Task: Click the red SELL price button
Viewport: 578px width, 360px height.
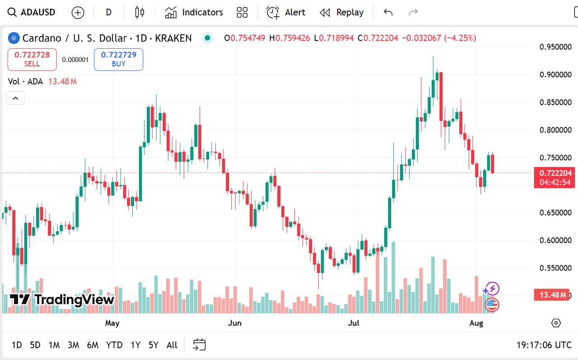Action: (x=32, y=59)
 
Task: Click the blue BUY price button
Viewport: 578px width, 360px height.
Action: (x=118, y=59)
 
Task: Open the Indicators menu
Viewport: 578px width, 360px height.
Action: (x=194, y=12)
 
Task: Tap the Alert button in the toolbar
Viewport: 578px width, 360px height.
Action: (x=286, y=12)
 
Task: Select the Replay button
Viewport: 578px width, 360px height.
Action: (x=341, y=12)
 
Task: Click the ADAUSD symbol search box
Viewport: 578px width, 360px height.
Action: (x=32, y=12)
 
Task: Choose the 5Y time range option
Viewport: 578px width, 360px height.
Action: (x=154, y=345)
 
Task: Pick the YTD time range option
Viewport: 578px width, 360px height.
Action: (x=114, y=345)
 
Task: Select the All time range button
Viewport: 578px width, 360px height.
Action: (x=172, y=345)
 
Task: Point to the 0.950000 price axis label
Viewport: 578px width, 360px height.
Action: (x=556, y=47)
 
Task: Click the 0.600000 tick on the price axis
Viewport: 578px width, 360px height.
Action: (x=556, y=240)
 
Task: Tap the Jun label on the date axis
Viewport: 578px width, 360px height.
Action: (x=235, y=323)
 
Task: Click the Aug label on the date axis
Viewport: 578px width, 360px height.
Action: (x=476, y=323)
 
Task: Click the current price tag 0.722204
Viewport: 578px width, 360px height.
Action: (x=555, y=173)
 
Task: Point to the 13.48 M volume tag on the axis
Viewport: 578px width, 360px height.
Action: (x=550, y=295)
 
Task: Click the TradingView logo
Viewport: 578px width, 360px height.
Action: (x=62, y=299)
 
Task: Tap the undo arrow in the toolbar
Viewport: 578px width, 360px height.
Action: (x=388, y=12)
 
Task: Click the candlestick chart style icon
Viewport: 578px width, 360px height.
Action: (x=140, y=12)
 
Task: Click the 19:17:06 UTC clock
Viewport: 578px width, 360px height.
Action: (x=544, y=345)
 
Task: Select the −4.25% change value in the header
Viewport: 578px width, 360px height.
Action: (x=460, y=38)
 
